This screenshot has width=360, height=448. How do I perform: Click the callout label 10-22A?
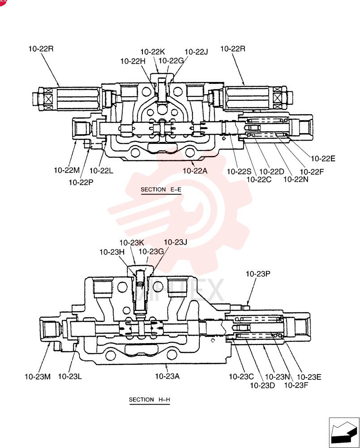coord(195,171)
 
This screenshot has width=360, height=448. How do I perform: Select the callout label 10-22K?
coord(152,52)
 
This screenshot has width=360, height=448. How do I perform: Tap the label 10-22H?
coord(133,61)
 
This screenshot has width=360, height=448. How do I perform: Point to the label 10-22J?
coord(196,52)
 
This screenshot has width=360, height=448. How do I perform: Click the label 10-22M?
coord(67,170)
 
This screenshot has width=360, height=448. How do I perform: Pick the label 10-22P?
coord(81,182)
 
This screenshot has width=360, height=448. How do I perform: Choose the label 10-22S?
coord(239,172)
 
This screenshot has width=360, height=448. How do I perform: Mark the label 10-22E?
coord(323,159)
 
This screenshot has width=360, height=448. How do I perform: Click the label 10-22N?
coord(296,179)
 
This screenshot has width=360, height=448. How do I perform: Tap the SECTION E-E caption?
coord(161,190)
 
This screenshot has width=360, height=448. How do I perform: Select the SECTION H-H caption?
coord(149,400)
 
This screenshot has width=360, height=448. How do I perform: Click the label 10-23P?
coord(258,274)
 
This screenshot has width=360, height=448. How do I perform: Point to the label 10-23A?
coord(167,376)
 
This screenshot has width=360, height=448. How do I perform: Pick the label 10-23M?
coord(38,377)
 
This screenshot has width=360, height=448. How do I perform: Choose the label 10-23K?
coord(132,243)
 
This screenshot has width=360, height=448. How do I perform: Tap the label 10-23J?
coord(175,242)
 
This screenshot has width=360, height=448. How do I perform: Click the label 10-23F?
coord(296,385)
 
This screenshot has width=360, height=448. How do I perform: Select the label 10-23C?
coord(241,377)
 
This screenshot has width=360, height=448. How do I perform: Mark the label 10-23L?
coord(70,377)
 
